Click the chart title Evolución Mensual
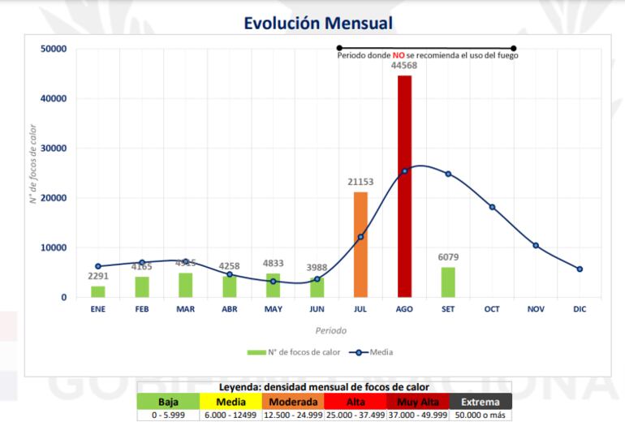click(x=312, y=24)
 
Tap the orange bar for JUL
click(x=360, y=244)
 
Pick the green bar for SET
click(x=448, y=282)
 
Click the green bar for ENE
click(x=97, y=291)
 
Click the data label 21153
click(x=360, y=183)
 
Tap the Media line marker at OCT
click(x=492, y=207)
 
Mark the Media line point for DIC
click(x=580, y=269)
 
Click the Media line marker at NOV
click(x=536, y=245)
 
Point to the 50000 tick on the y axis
click(x=54, y=50)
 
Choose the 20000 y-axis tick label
click(x=54, y=198)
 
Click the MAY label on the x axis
click(x=273, y=309)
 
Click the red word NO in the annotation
click(x=399, y=56)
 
